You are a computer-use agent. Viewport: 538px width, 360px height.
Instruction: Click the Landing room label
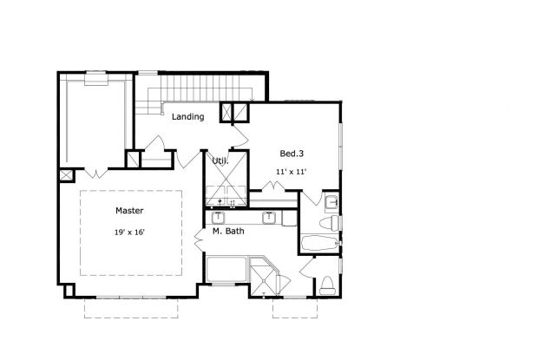[x=187, y=116]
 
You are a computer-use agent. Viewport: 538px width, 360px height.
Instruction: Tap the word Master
[x=129, y=211]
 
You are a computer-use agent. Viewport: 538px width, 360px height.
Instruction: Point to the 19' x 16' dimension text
[x=129, y=232]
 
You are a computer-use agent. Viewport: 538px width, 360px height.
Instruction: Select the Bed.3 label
[x=292, y=154]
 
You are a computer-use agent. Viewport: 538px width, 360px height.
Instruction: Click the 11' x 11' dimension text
[x=292, y=171]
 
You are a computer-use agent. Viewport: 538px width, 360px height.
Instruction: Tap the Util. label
[x=220, y=160]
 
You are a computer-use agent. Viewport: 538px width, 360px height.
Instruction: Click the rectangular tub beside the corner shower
[x=227, y=269]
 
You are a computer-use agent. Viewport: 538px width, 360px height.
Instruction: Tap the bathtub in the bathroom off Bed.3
[x=319, y=244]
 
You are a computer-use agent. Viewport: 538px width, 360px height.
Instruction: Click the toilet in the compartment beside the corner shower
[x=327, y=283]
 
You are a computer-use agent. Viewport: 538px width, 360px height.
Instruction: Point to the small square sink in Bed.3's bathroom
[x=332, y=203]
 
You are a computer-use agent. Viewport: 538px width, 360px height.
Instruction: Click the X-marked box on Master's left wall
[x=66, y=175]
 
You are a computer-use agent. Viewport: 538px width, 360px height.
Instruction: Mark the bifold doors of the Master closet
[x=95, y=172]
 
